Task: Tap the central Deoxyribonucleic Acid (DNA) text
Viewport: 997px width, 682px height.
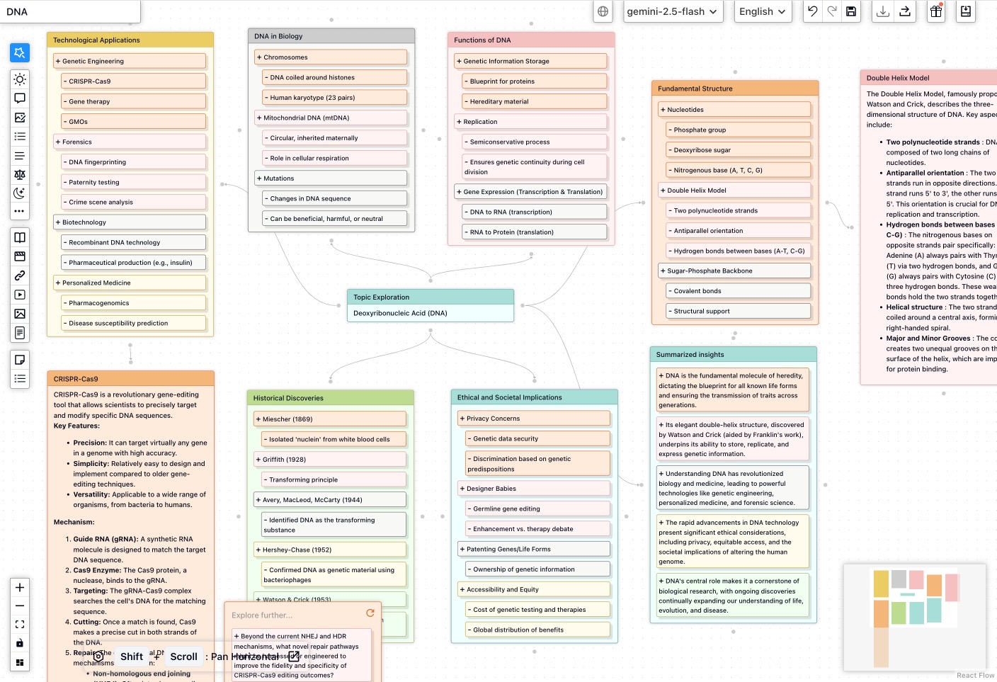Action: coord(401,313)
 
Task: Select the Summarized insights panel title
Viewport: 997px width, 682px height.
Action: coord(690,355)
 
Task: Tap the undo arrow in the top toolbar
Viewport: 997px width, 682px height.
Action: coord(813,11)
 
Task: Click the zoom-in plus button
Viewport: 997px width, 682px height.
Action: coord(20,587)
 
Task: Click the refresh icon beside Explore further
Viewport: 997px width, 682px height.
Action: coord(370,613)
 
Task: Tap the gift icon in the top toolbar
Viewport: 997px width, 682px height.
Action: coord(936,11)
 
